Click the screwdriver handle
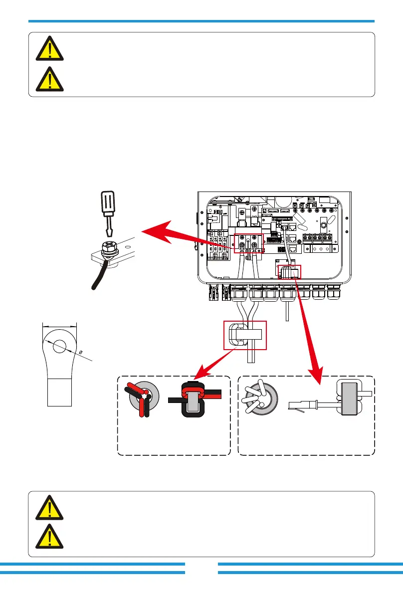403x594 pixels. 109,206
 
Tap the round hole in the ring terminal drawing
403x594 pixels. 60,346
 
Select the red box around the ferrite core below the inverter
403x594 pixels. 245,335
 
